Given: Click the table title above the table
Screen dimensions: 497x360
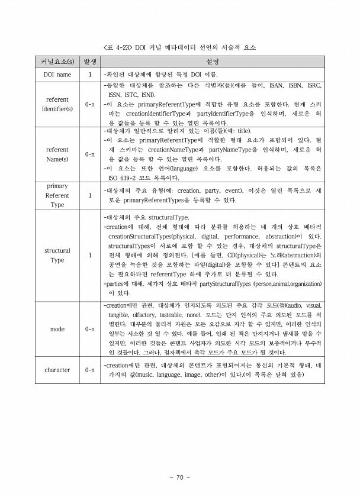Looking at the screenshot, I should [180, 47].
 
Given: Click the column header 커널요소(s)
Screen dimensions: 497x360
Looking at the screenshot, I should [57, 62].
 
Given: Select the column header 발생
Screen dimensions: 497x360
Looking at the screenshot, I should [90, 62].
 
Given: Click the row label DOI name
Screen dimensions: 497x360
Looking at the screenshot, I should [57, 75].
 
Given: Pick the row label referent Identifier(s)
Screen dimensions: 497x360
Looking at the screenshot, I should [57, 104].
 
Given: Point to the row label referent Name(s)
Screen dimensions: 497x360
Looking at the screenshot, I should [57, 154].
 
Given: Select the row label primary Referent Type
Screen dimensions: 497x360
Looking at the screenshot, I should [57, 195].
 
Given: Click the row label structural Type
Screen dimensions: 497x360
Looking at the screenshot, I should [57, 255].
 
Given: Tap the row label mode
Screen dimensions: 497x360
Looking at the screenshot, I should [57, 329].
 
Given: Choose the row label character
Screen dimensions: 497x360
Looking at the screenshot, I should [57, 370].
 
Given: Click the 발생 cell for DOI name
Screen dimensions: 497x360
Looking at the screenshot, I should [90, 75].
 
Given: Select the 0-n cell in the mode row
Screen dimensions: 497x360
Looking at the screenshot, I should [90, 329].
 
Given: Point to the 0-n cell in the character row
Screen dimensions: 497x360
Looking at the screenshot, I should [90, 370].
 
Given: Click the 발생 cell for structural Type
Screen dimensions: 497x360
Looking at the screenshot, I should [90, 255].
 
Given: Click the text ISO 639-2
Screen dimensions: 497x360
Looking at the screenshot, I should [123, 177].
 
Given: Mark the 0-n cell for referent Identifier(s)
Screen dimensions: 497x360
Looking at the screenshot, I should [90, 104].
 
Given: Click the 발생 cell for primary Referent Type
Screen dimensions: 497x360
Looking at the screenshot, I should [90, 195].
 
